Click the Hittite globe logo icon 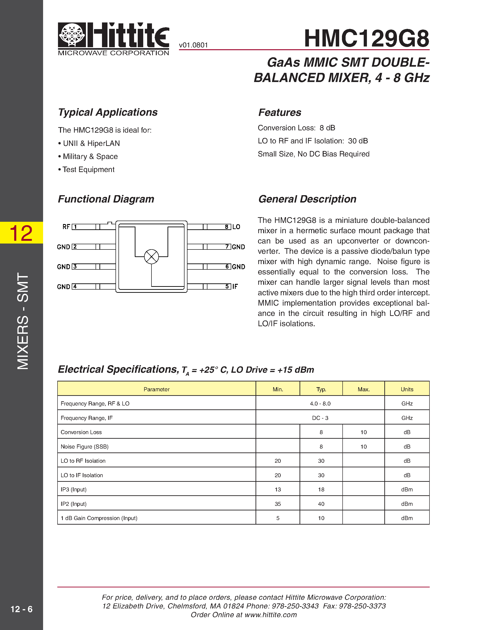point(72,35)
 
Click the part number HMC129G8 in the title point(366,38)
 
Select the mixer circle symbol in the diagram point(151,256)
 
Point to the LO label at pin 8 point(236,227)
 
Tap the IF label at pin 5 point(235,286)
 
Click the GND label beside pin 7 point(238,247)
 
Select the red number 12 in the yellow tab point(21,233)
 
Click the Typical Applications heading point(108,112)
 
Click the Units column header point(407,389)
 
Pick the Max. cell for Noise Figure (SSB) point(363,446)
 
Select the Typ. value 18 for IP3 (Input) point(321,490)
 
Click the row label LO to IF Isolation point(82,475)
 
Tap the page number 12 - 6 point(21,609)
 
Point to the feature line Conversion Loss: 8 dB point(296,128)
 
